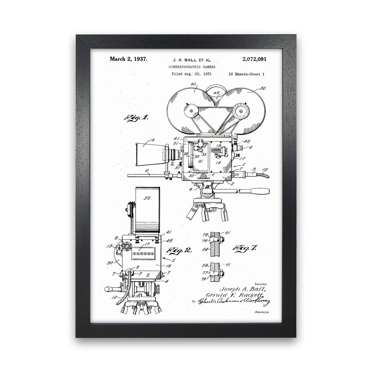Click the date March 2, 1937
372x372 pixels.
pyautogui.click(x=128, y=59)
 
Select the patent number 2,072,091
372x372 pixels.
pyautogui.click(x=254, y=59)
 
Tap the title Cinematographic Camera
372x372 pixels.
pyautogui.click(x=192, y=67)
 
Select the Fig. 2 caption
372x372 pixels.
pyautogui.click(x=180, y=250)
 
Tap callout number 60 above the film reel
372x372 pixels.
pyautogui.click(x=193, y=84)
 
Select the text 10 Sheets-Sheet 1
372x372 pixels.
pyautogui.click(x=246, y=74)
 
